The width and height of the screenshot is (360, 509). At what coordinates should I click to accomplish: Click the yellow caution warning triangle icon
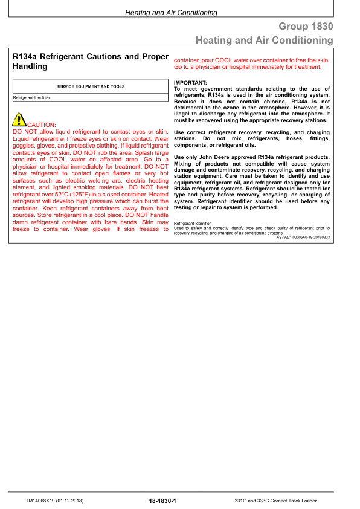[x=19, y=120]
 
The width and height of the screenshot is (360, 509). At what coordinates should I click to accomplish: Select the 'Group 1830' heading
[x=306, y=27]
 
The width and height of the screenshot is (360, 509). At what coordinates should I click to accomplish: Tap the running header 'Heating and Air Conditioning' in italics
[x=171, y=13]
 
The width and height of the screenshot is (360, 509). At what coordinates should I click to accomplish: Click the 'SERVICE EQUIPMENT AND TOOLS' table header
[x=91, y=86]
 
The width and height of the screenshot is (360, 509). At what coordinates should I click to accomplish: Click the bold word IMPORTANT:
[x=190, y=82]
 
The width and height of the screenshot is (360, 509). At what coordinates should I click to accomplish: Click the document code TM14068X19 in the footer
[x=45, y=501]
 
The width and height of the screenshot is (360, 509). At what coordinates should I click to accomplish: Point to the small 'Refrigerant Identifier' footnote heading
[x=190, y=223]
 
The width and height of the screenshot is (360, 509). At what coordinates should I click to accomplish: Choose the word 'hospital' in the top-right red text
[x=243, y=67]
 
